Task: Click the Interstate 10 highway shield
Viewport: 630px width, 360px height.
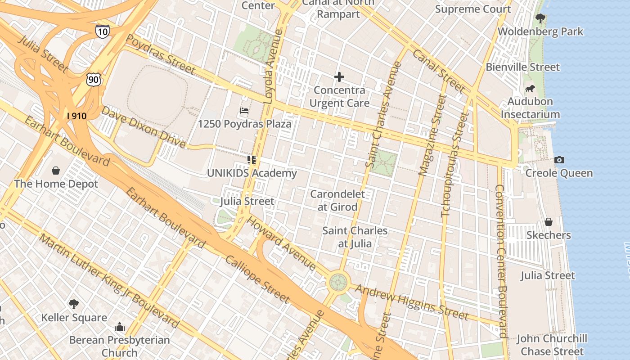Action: pyautogui.click(x=102, y=31)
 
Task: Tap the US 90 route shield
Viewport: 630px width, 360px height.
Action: pyautogui.click(x=94, y=80)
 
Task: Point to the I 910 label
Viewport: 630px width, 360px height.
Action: pyautogui.click(x=76, y=116)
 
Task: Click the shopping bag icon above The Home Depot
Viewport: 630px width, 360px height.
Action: pyautogui.click(x=56, y=171)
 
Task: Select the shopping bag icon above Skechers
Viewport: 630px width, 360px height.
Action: pyautogui.click(x=548, y=222)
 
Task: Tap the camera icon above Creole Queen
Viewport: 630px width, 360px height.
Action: pyautogui.click(x=559, y=160)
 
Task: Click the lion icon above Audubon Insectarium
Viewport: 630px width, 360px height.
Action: pyautogui.click(x=530, y=89)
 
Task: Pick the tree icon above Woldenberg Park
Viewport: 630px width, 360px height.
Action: pyautogui.click(x=540, y=18)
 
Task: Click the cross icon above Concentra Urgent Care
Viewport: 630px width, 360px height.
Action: pyautogui.click(x=339, y=77)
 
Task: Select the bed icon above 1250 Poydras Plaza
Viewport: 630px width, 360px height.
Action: pyautogui.click(x=244, y=110)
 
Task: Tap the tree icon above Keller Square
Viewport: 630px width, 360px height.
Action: pyautogui.click(x=74, y=304)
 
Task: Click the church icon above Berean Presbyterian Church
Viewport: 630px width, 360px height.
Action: pyautogui.click(x=119, y=326)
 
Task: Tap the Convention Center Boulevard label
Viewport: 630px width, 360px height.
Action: pyautogui.click(x=501, y=261)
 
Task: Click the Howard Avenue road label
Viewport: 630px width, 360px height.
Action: pyautogui.click(x=282, y=243)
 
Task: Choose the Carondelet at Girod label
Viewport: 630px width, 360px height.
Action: pyautogui.click(x=337, y=201)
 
